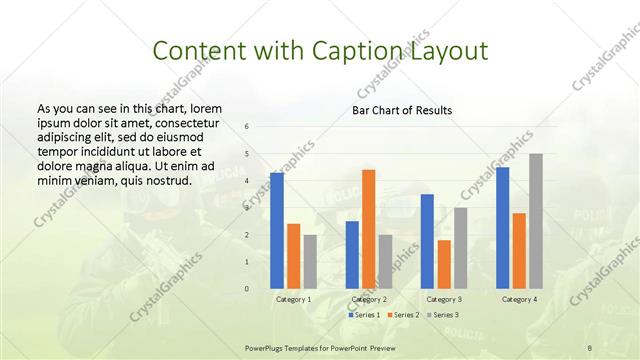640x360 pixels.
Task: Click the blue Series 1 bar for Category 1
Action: pyautogui.click(x=276, y=231)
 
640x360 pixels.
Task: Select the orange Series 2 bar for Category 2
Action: pyautogui.click(x=368, y=229)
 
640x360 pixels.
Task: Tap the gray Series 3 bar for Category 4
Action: pyautogui.click(x=536, y=221)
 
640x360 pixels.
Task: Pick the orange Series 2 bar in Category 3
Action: pyautogui.click(x=444, y=264)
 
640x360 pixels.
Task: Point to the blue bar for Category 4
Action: pyautogui.click(x=502, y=228)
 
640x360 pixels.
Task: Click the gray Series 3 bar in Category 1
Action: pyautogui.click(x=310, y=262)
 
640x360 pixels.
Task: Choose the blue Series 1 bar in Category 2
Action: pyautogui.click(x=352, y=255)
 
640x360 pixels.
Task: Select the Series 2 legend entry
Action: pyautogui.click(x=404, y=315)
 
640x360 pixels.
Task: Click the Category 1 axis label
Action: pyautogui.click(x=293, y=299)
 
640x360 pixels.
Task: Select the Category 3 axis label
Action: pyautogui.click(x=443, y=299)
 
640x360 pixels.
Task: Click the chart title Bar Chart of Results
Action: pyautogui.click(x=402, y=109)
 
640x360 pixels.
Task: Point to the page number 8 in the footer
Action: pyautogui.click(x=589, y=348)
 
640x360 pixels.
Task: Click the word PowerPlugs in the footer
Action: pyautogui.click(x=266, y=348)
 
